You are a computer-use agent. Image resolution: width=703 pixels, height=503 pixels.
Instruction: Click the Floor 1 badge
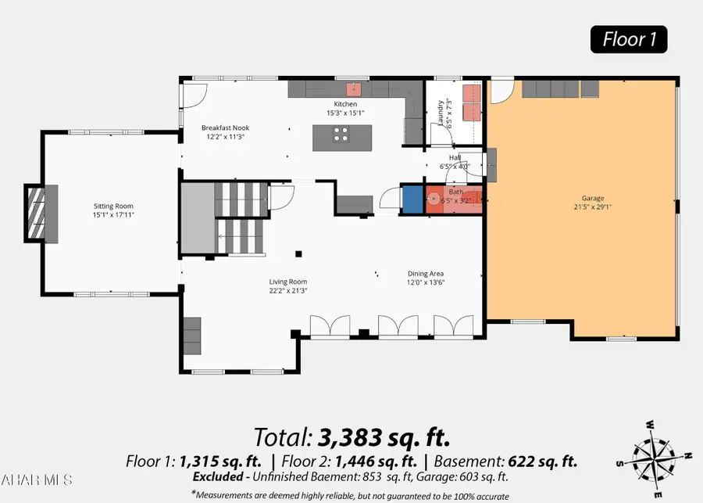point(628,38)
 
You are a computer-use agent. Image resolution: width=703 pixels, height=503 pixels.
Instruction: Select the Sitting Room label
point(108,207)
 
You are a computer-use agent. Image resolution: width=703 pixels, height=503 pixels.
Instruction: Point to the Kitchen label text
point(345,104)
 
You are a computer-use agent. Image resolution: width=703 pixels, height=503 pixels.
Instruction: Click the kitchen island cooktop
point(341,137)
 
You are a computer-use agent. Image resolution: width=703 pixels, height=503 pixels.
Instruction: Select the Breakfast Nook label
point(225,128)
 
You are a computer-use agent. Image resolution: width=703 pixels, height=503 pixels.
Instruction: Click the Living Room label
point(288,282)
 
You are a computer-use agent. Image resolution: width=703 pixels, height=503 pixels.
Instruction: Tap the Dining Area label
point(426,274)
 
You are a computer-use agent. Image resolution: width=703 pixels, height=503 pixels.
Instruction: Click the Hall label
point(455,157)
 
